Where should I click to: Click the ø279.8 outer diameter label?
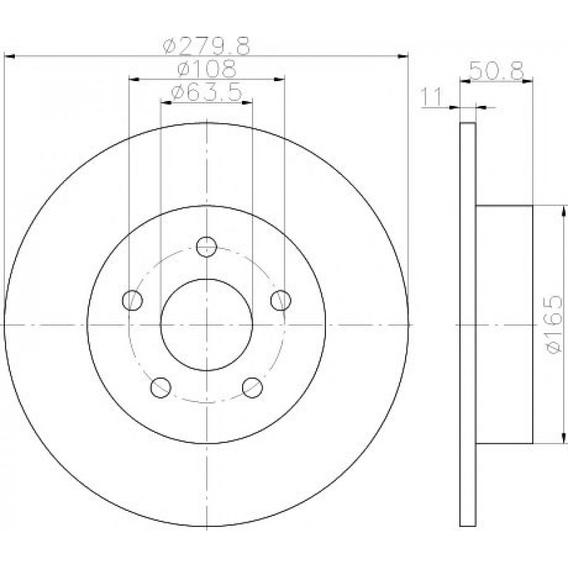pos(207,46)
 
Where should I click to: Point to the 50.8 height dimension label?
pos(496,71)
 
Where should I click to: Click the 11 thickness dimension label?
pos(431,97)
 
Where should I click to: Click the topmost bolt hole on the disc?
pos(207,247)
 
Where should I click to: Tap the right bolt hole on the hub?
pos(281,300)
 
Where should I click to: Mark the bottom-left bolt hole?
pos(160,387)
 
